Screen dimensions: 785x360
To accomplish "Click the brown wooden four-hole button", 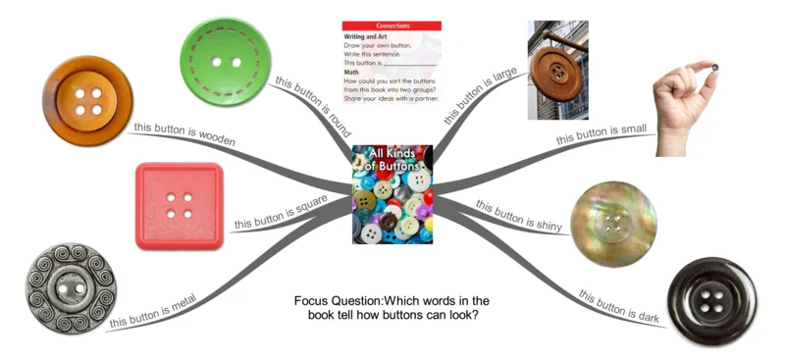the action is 87,101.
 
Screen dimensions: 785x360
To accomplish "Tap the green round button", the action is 229,61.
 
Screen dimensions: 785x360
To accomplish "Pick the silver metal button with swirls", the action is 71,289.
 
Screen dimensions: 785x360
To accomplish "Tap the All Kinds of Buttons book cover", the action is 392,194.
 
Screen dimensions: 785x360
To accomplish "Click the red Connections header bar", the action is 392,26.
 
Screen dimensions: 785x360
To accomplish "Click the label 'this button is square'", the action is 280,216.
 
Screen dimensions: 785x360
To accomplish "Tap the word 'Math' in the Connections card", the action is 352,72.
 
